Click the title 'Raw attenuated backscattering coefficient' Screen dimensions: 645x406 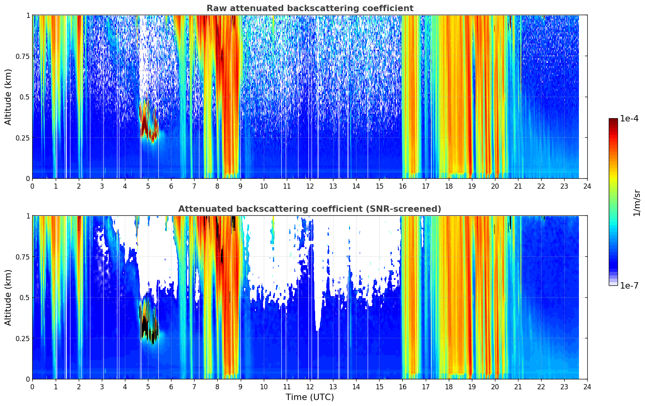(x=310, y=8)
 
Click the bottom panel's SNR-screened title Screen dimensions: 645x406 (x=310, y=209)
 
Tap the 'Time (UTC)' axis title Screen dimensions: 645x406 (x=310, y=397)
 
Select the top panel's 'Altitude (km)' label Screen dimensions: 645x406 (x=8, y=97)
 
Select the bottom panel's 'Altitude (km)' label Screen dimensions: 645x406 (x=8, y=297)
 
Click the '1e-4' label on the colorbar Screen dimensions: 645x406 (x=629, y=118)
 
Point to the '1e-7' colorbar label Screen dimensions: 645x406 (x=629, y=286)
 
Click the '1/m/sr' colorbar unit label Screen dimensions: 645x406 (x=637, y=203)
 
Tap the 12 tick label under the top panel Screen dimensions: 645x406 (x=310, y=186)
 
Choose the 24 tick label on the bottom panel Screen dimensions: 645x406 (x=587, y=387)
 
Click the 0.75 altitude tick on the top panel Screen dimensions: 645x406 (x=22, y=56)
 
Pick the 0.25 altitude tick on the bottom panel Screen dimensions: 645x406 (x=22, y=338)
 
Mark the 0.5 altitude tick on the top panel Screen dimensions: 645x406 (x=24, y=97)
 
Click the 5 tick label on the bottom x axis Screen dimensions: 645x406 (x=148, y=387)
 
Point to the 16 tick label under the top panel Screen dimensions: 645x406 (x=403, y=186)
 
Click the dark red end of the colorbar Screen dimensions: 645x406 (x=613, y=120)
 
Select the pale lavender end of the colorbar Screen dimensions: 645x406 (x=613, y=283)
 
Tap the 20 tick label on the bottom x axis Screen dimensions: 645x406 (x=495, y=387)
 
